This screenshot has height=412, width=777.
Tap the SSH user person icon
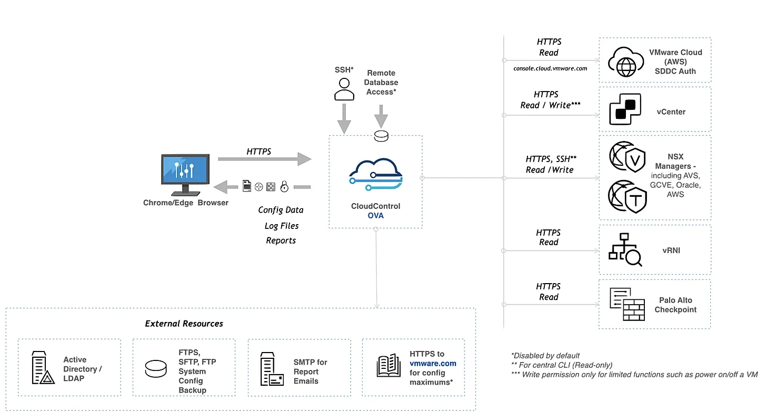344,89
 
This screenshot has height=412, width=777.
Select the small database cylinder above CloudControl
381,135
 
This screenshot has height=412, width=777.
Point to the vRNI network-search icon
625,250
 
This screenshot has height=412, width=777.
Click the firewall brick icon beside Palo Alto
626,305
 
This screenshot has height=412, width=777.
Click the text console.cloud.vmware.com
550,68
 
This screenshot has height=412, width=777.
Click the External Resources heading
184,324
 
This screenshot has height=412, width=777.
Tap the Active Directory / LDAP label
83,369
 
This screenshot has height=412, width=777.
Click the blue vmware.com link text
433,364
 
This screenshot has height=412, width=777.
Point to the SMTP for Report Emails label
310,371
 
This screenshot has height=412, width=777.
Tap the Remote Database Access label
382,83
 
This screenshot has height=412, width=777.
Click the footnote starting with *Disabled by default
545,355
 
